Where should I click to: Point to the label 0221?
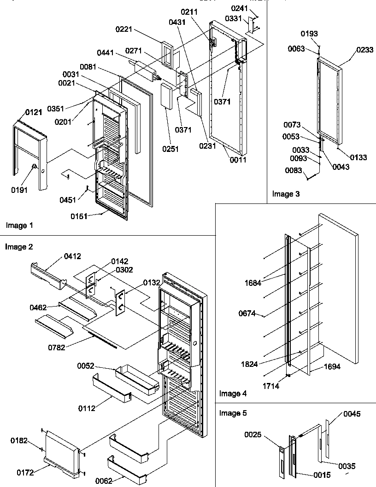click(x=124, y=29)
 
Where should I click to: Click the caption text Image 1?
click(x=19, y=226)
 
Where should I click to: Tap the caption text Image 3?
click(x=286, y=194)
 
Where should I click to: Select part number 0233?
click(x=364, y=51)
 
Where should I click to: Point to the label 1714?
click(x=271, y=386)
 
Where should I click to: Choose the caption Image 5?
click(x=233, y=413)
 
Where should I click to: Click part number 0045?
click(x=352, y=414)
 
